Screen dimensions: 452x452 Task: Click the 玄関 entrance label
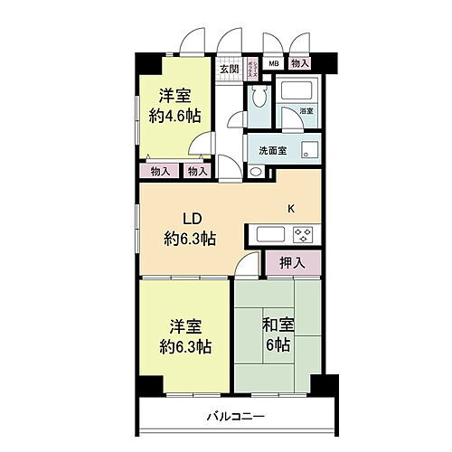tap(228, 69)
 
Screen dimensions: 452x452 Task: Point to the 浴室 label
tap(306, 111)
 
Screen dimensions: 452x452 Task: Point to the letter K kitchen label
tap(291, 210)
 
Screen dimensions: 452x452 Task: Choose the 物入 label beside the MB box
tap(300, 64)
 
